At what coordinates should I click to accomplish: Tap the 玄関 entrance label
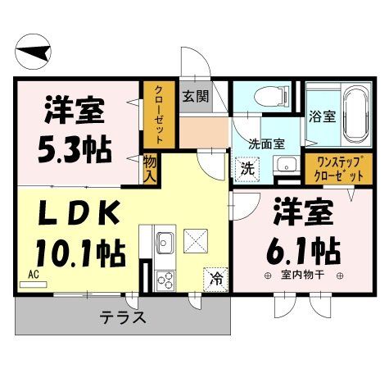[196, 96]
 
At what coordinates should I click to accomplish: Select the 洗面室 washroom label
[269, 143]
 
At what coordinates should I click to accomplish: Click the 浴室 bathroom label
[322, 116]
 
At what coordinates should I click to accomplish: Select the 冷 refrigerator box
[216, 276]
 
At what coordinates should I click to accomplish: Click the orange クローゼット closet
[154, 116]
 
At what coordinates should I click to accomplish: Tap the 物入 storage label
[150, 169]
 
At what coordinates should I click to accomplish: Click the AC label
[34, 276]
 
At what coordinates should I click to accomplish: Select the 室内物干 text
[303, 274]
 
